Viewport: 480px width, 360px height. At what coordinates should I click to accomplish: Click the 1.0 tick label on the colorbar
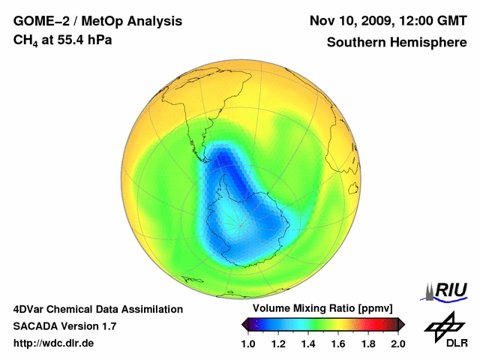pos(249,343)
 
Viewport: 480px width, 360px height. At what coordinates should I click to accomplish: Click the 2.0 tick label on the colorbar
pos(398,343)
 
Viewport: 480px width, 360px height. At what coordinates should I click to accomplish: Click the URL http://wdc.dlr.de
pos(54,343)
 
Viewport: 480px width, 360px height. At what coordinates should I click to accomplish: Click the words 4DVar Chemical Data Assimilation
pos(97,309)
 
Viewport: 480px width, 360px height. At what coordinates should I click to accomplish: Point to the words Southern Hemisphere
pos(397,43)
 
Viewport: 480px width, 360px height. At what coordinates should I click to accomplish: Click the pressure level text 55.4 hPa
pos(82,39)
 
